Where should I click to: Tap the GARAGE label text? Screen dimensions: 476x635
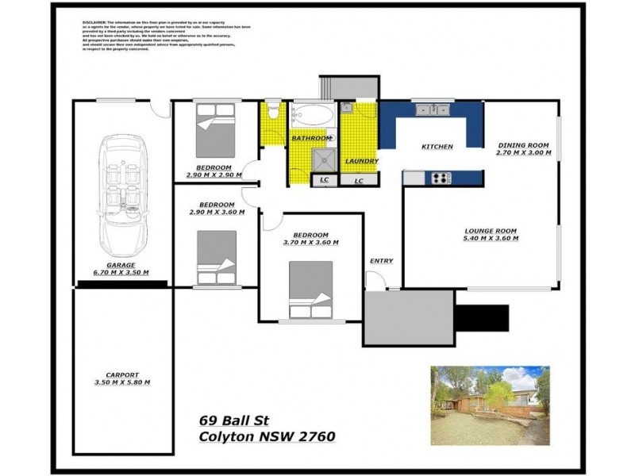[121, 265]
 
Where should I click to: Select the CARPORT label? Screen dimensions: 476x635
[121, 374]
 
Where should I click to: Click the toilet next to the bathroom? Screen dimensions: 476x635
[273, 112]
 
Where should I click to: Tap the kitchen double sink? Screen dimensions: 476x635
[433, 109]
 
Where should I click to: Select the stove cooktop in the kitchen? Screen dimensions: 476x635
[438, 178]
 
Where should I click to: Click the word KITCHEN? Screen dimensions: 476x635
[437, 147]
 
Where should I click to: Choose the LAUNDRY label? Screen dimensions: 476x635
[361, 161]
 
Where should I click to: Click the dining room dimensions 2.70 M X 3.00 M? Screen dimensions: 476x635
[523, 152]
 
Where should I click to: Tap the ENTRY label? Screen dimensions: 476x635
[381, 261]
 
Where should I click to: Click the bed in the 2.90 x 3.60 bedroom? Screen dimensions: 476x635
[217, 257]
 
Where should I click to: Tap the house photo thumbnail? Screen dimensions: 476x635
[490, 405]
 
